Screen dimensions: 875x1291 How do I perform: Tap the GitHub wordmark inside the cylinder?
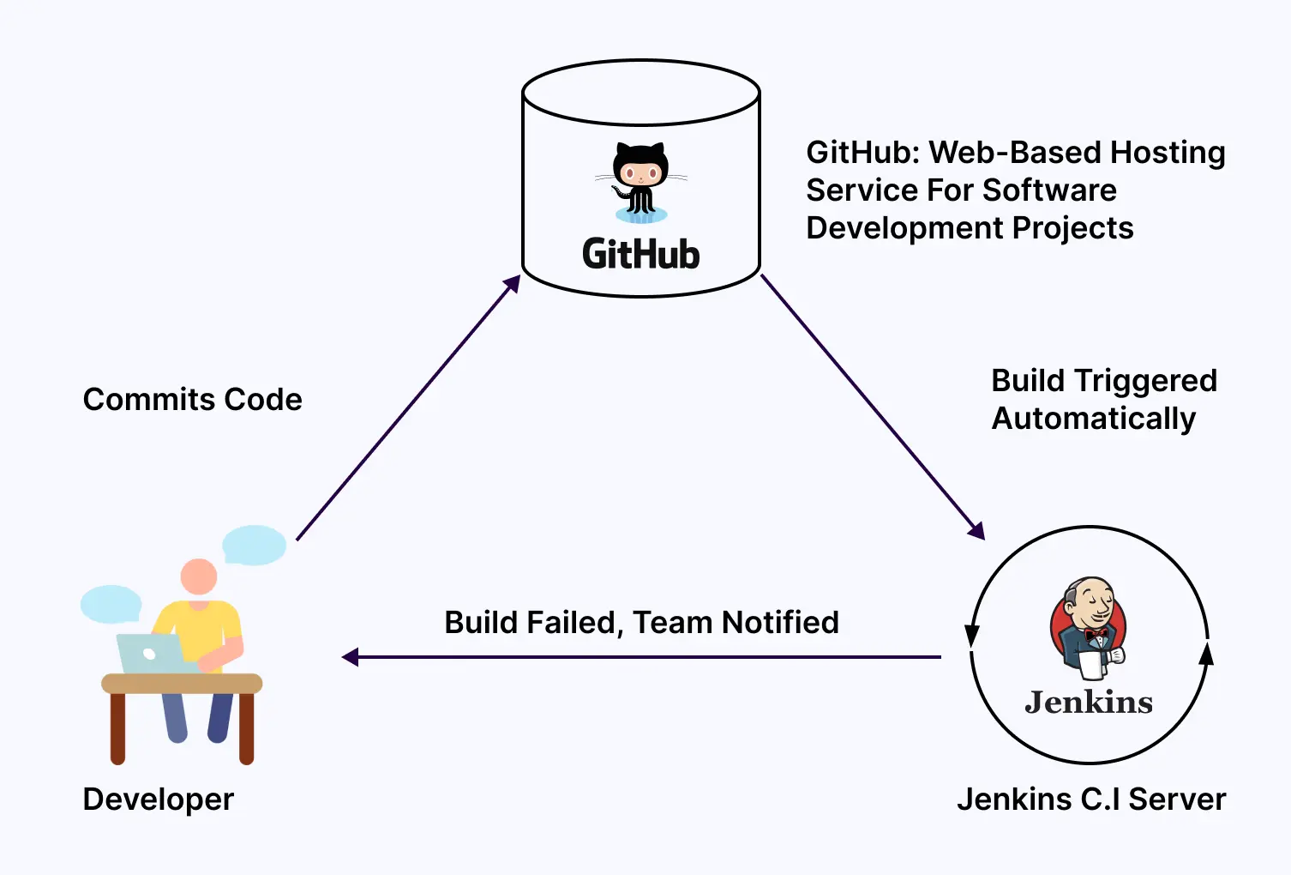641,255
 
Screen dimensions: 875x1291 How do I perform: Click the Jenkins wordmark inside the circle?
1089,703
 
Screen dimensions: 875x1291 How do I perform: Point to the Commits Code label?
192,400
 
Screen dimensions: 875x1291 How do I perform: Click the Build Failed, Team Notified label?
641,623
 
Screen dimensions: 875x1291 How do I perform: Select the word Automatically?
1093,419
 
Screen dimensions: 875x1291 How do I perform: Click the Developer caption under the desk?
158,800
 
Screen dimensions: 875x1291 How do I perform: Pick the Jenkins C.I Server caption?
1090,800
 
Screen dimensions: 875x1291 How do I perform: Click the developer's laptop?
152,654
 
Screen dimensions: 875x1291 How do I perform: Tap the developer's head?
199,576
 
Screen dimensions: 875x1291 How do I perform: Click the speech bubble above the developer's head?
254,545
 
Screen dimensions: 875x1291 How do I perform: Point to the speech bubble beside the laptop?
111,604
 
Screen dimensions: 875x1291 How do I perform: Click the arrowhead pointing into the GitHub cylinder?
512,284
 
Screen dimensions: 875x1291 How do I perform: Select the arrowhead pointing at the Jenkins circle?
976,530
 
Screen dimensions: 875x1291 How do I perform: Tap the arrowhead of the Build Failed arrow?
350,657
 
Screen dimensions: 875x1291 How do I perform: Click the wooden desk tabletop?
182,684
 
